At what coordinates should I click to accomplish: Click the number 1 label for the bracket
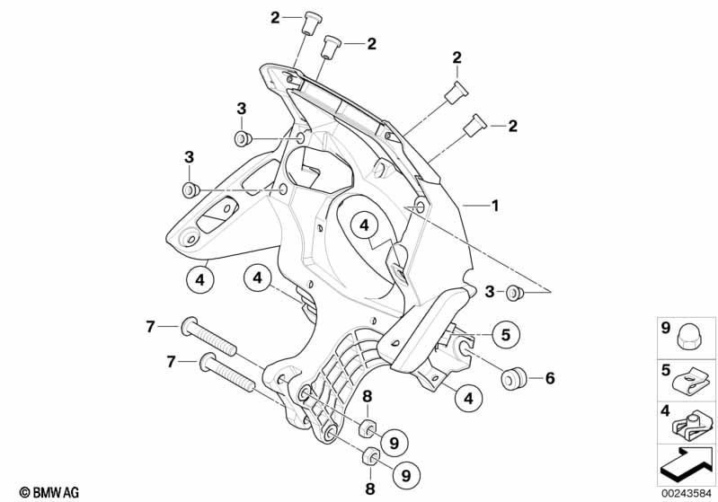pyautogui.click(x=493, y=205)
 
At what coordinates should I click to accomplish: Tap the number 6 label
pyautogui.click(x=550, y=378)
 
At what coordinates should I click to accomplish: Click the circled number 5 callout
pyautogui.click(x=505, y=335)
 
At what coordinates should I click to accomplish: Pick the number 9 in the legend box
pyautogui.click(x=666, y=329)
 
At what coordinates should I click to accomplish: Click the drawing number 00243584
pyautogui.click(x=687, y=491)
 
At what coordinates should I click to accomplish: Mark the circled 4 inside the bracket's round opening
pyautogui.click(x=364, y=225)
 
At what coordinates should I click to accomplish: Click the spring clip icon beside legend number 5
pyautogui.click(x=694, y=382)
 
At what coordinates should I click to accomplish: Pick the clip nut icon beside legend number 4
pyautogui.click(x=694, y=421)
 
